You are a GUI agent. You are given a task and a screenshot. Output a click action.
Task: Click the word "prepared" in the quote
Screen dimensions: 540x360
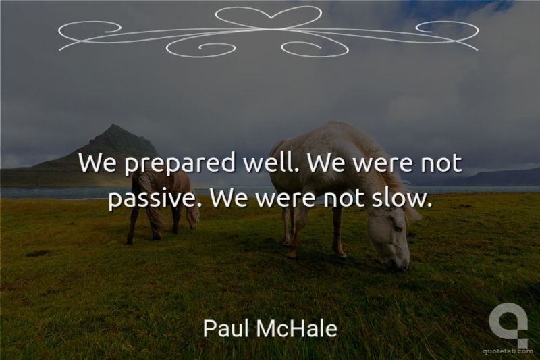[180, 164]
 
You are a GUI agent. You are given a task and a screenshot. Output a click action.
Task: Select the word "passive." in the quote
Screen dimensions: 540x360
[155, 199]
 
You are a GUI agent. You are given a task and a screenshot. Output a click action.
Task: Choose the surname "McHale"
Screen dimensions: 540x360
[296, 328]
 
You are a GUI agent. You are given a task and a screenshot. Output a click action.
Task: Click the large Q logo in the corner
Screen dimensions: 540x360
[508, 324]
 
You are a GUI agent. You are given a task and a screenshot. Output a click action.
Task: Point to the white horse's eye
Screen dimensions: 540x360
[398, 228]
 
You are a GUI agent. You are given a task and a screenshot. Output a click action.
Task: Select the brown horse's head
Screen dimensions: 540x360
[192, 217]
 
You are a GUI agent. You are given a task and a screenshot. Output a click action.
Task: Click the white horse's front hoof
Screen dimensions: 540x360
[291, 255]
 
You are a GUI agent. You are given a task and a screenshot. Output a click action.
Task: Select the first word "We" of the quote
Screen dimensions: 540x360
[97, 163]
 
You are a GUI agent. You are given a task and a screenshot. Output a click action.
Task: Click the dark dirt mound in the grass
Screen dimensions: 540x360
[38, 253]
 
